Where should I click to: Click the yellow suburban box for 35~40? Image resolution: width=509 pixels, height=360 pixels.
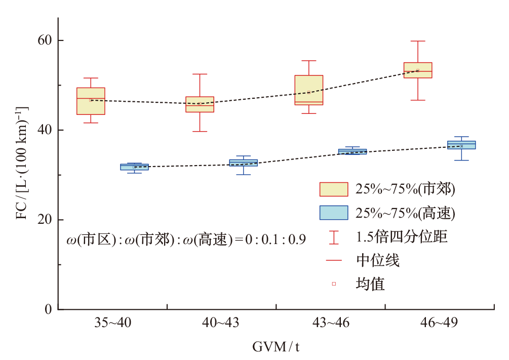point(91,101)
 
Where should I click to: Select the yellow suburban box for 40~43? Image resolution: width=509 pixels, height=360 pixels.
point(200,104)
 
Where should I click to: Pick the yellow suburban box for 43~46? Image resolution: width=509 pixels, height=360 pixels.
point(308,90)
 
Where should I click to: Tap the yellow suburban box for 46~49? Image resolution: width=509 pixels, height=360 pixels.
point(417,70)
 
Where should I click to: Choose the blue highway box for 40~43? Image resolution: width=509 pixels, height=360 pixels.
point(243,163)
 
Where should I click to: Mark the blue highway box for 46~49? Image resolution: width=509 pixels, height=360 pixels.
point(461,145)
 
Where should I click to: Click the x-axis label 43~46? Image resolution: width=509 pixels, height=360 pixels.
point(330,325)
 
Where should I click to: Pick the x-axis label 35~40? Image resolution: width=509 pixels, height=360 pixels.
point(112,325)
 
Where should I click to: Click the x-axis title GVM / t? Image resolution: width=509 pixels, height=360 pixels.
point(276,347)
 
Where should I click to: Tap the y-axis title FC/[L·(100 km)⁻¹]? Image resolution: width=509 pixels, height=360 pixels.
point(22,163)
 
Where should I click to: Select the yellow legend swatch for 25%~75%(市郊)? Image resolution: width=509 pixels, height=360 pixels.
point(333,189)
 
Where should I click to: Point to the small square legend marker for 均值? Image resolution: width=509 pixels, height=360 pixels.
point(334,284)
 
